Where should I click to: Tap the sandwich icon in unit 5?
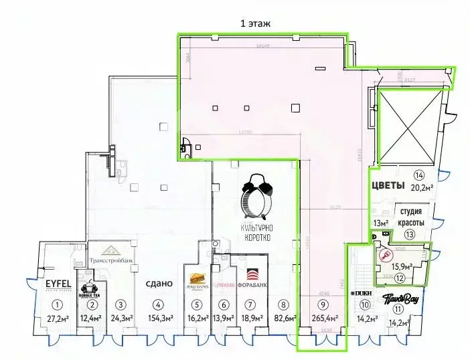coord(198,278)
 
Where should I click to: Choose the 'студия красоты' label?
coord(409,217)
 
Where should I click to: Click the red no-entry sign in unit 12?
coord(385,255)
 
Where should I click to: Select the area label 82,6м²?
coord(285,319)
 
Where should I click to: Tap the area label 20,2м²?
coord(421,189)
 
